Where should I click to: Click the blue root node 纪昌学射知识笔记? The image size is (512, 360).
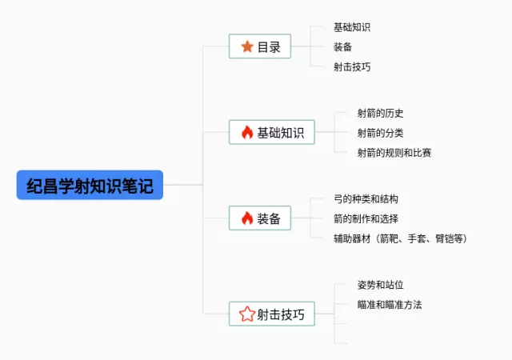click(x=89, y=186)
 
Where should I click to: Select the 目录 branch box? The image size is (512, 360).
click(x=259, y=46)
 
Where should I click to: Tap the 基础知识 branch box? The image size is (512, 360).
click(x=271, y=132)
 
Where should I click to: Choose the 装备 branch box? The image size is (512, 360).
click(x=259, y=218)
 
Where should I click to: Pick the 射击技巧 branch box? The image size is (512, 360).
click(x=271, y=314)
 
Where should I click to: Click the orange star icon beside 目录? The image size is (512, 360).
click(x=246, y=46)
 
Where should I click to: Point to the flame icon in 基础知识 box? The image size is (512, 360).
click(x=246, y=132)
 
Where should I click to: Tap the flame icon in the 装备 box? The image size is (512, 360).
click(x=246, y=218)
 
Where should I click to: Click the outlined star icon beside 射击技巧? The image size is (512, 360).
click(x=246, y=314)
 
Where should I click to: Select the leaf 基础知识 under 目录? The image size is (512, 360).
click(x=352, y=27)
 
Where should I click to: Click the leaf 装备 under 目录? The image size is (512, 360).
click(x=343, y=46)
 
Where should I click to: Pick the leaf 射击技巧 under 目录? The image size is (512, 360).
click(x=352, y=66)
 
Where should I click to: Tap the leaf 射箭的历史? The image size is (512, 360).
click(x=381, y=113)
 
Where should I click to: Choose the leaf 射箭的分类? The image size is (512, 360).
click(x=381, y=132)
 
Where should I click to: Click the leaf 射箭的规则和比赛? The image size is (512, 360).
click(x=394, y=152)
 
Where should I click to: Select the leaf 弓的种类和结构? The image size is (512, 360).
click(x=366, y=198)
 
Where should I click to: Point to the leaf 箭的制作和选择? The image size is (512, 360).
click(x=366, y=218)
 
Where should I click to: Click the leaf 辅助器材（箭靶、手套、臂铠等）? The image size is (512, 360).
click(x=400, y=238)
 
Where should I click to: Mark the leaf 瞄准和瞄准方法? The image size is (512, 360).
click(x=390, y=305)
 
